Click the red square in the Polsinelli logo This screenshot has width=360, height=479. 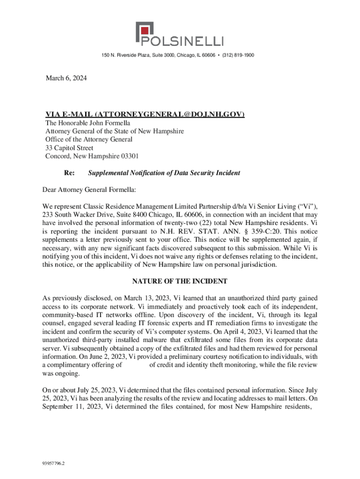(143, 33)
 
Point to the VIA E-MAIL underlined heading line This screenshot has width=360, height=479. (144, 115)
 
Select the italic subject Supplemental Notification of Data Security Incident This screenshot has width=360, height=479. (164, 173)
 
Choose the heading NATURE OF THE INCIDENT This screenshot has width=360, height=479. (180, 281)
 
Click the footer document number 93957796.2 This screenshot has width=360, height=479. (53, 464)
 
